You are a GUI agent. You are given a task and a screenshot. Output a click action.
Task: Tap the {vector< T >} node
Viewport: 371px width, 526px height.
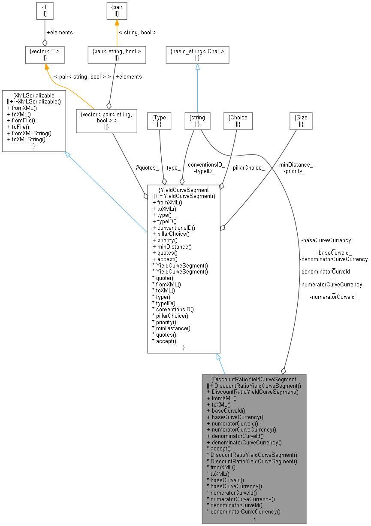(45, 55)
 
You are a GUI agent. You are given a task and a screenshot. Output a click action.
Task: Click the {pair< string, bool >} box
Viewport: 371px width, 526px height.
(117, 55)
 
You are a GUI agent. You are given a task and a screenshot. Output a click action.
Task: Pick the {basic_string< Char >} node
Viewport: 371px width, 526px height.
(197, 55)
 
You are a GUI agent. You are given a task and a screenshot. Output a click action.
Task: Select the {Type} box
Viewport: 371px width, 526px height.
(159, 121)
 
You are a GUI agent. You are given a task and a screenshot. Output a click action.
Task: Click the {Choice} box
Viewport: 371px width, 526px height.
(238, 121)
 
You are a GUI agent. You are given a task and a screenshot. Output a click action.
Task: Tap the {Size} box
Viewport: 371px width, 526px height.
(301, 121)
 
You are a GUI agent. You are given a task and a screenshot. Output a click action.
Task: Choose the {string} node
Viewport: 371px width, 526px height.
(197, 121)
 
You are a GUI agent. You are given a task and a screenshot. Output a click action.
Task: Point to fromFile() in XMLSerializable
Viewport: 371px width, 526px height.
(21, 121)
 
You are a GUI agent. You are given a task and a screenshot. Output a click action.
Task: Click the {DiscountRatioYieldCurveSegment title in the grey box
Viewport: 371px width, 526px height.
(254, 379)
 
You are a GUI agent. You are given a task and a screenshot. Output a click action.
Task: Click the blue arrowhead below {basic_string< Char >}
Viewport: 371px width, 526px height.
(197, 67)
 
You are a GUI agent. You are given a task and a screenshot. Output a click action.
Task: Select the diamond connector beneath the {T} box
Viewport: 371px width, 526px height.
(45, 43)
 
